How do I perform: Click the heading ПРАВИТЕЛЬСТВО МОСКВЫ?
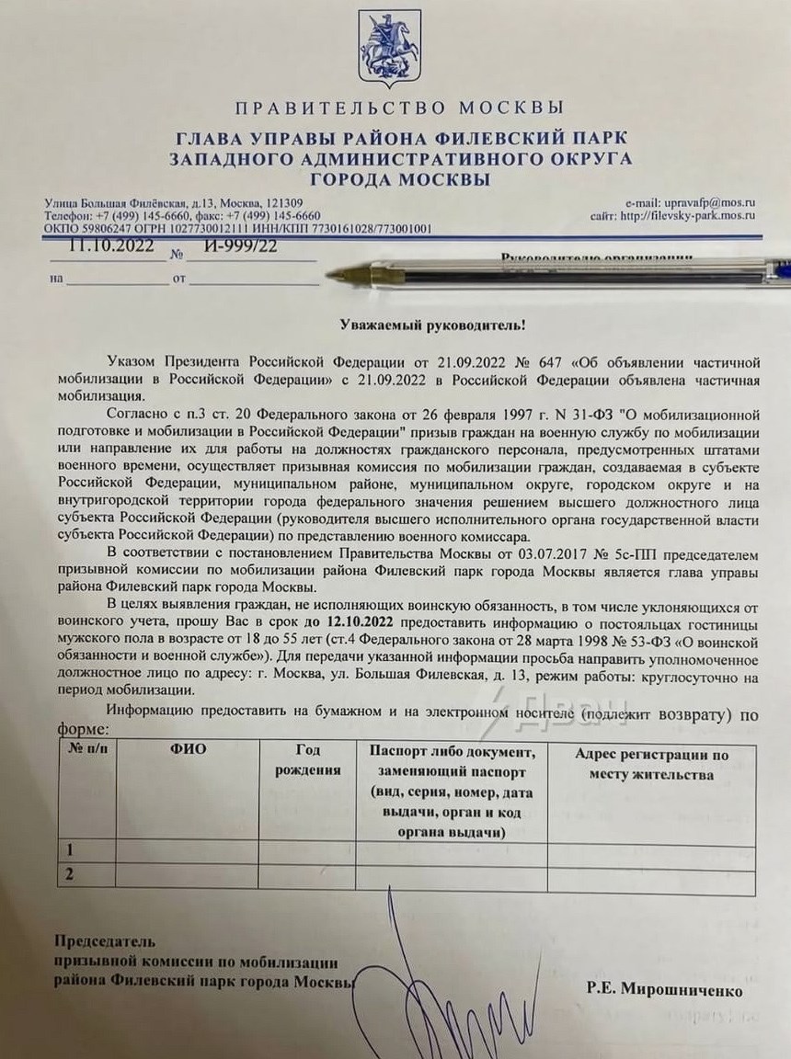398,108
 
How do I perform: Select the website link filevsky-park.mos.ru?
700,216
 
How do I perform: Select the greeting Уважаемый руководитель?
396,326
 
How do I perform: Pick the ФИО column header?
188,749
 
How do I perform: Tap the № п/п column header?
86,749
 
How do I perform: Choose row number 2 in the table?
69,873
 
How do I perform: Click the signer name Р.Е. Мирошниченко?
663,991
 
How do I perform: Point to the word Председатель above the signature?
105,940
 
